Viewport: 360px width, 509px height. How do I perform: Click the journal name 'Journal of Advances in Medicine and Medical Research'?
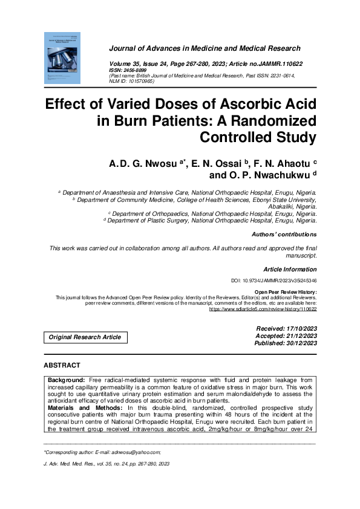(x=205, y=48)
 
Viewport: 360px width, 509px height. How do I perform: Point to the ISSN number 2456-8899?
(x=139, y=70)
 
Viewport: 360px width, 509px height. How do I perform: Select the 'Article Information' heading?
(x=290, y=268)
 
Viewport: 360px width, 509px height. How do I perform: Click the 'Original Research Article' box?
(x=85, y=337)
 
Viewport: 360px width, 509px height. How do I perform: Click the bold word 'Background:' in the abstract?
(x=67, y=378)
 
